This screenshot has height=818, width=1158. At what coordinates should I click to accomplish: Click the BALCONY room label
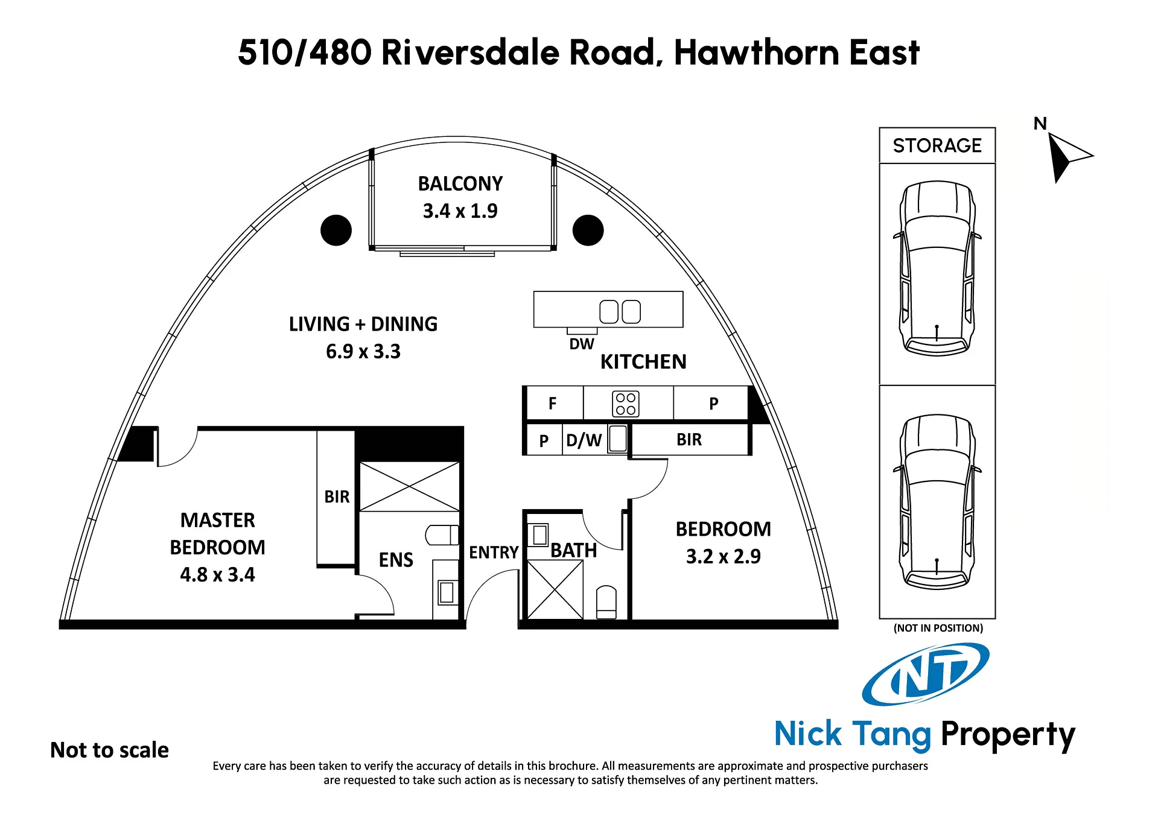click(460, 183)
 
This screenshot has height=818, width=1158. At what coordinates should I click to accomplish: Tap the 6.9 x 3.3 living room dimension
click(363, 351)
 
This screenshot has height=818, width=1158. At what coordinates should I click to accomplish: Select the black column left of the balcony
click(336, 230)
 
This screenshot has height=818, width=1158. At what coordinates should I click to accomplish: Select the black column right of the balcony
click(588, 230)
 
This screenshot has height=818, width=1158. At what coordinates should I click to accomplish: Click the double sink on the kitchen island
click(620, 311)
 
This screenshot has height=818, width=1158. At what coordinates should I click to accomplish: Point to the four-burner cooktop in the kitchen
click(626, 404)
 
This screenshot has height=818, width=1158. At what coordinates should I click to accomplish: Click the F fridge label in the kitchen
click(552, 404)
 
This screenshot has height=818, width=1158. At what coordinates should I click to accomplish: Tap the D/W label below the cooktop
click(584, 440)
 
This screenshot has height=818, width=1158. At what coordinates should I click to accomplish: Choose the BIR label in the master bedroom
click(337, 496)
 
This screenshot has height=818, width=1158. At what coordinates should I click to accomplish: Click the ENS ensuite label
click(396, 560)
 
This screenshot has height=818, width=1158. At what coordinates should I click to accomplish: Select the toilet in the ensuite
click(442, 534)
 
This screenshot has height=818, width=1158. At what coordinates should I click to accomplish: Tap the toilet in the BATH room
click(606, 602)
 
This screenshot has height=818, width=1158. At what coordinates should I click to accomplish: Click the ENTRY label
click(494, 552)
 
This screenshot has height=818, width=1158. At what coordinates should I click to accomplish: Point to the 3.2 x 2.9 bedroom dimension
click(723, 556)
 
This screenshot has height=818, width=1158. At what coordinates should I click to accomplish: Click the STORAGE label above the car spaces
click(937, 145)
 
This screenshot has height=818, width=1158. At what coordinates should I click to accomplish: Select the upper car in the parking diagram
click(937, 268)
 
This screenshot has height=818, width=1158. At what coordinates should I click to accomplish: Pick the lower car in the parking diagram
click(937, 501)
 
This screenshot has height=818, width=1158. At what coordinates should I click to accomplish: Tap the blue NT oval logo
click(926, 674)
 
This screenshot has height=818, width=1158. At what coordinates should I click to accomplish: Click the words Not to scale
click(109, 750)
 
